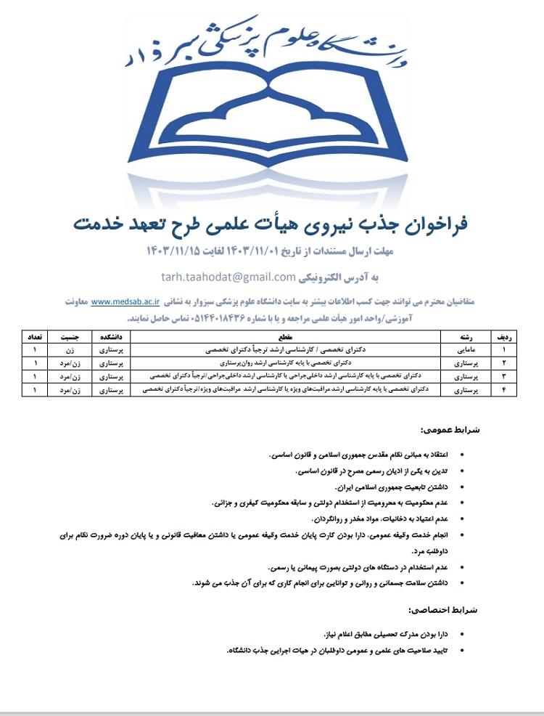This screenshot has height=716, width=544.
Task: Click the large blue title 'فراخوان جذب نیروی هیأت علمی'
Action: (271, 224)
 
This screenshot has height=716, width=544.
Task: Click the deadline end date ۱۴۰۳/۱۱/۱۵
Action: (173, 253)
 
